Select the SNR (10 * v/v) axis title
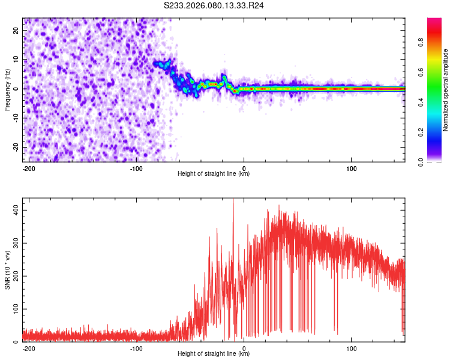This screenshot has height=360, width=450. (7, 270)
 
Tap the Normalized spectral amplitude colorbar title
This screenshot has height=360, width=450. (446, 90)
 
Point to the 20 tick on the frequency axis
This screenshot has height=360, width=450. (17, 31)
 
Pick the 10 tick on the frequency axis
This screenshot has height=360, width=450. (17, 60)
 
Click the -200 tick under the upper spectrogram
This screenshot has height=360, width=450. (28, 167)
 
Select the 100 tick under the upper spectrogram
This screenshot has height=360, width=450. (351, 167)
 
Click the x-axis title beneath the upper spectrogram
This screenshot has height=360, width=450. (214, 174)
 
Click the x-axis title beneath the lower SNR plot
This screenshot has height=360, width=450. (214, 354)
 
